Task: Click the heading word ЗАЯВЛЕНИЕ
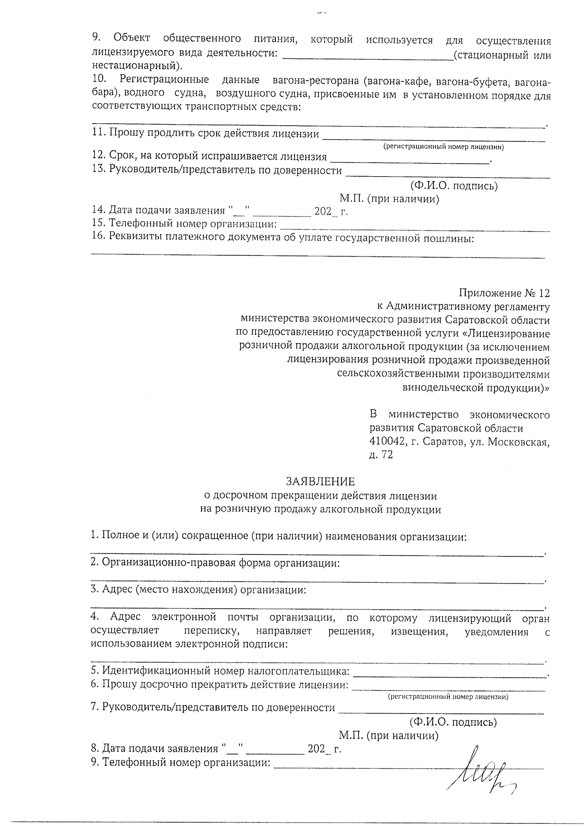pos(320,481)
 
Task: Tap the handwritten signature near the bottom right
pos(482,769)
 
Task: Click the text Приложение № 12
pos(504,293)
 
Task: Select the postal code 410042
pos(388,442)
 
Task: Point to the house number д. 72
pos(381,456)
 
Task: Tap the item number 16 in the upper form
pos(98,238)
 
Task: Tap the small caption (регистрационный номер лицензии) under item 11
pos(443,147)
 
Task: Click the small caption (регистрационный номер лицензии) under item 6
pos(448,697)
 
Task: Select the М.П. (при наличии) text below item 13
pos(389,199)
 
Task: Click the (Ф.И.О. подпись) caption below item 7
pos(453,722)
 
